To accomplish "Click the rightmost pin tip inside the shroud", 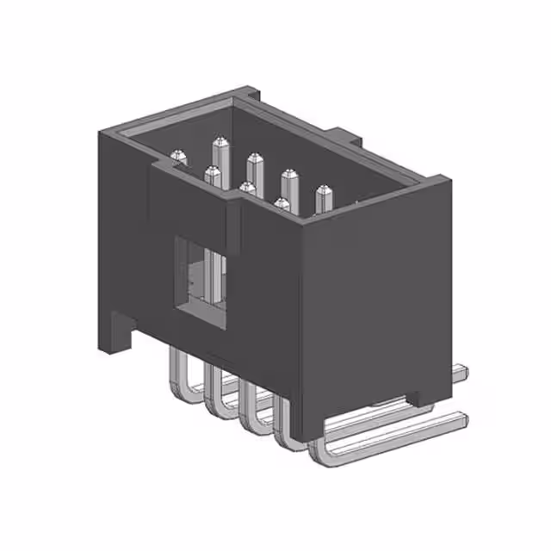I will [323, 190].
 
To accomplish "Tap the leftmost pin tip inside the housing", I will [179, 156].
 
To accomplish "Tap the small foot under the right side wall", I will [422, 397].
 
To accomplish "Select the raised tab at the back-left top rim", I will [245, 91].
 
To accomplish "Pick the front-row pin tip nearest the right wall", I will [282, 203].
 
